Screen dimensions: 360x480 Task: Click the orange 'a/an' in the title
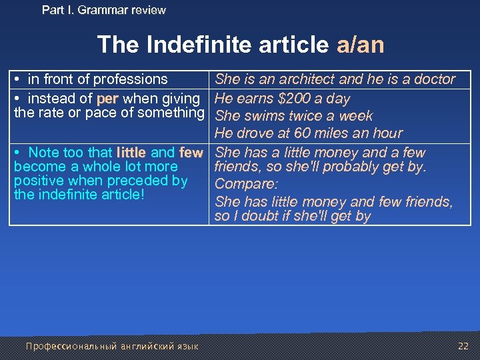(360, 45)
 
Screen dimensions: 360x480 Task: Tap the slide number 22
(463, 345)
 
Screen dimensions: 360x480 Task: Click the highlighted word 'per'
(107, 99)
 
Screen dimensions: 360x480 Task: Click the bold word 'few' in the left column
(191, 153)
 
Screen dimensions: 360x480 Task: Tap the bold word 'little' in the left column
(131, 153)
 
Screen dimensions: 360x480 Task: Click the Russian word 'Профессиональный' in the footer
(71, 346)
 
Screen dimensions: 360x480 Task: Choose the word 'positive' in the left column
(37, 181)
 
